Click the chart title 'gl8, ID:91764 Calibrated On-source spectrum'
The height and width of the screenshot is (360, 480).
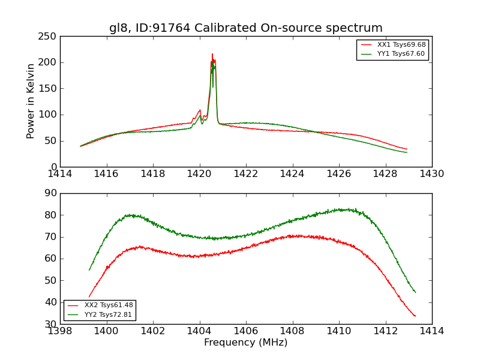click(x=245, y=28)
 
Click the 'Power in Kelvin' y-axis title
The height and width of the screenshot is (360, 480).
click(x=31, y=101)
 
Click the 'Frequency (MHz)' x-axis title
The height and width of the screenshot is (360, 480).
click(x=245, y=343)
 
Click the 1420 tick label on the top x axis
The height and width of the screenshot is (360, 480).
click(x=199, y=174)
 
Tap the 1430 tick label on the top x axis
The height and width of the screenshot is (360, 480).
click(x=431, y=174)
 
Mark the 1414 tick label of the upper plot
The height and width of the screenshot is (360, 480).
click(x=60, y=174)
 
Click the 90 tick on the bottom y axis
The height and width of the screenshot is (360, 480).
click(x=51, y=193)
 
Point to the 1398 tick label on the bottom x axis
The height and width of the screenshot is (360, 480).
click(x=60, y=331)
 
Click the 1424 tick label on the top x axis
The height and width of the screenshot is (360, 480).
click(x=292, y=174)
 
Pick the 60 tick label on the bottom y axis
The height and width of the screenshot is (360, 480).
click(x=51, y=259)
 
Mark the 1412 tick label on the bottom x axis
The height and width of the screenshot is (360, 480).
click(x=385, y=331)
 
